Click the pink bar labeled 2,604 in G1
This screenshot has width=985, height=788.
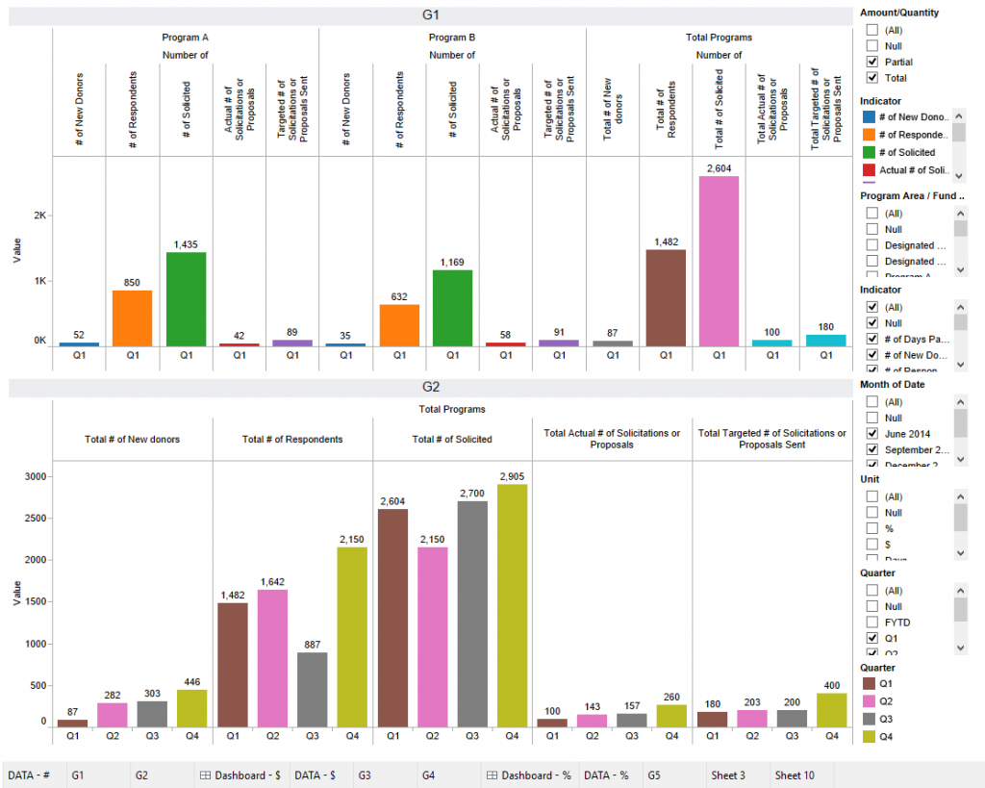pos(719,261)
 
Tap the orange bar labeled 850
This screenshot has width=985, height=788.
pos(133,318)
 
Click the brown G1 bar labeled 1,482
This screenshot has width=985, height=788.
pos(665,297)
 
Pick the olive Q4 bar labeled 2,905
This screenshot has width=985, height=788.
pos(512,605)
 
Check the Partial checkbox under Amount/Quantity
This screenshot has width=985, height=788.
pos(872,62)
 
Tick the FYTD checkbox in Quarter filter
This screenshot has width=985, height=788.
pos(872,623)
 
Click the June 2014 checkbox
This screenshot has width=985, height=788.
pos(872,434)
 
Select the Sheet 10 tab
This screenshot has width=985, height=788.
pos(795,775)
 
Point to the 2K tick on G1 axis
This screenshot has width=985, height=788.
pos(39,216)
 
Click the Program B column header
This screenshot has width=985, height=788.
pos(451,38)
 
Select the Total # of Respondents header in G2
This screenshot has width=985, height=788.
pos(292,440)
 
